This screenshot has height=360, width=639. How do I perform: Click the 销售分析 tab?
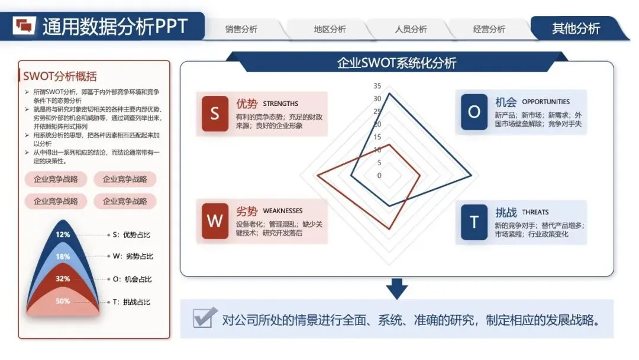tap(241, 29)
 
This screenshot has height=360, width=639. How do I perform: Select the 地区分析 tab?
tap(330, 29)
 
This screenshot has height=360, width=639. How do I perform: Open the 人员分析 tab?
tap(411, 29)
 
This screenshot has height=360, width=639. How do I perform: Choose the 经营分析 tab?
tap(489, 29)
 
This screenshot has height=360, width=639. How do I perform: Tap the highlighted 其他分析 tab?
tap(576, 28)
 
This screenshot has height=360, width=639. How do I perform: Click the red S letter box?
tap(215, 114)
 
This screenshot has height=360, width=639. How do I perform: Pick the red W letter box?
tap(215, 221)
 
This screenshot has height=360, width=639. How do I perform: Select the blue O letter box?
tap(474, 111)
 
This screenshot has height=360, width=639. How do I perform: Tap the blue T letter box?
tap(474, 221)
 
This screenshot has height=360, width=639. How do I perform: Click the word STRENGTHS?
tap(280, 104)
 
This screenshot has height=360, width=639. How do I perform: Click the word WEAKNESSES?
tap(282, 211)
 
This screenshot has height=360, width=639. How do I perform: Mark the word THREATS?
tap(535, 212)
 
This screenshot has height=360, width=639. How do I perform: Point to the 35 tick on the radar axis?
tap(377, 85)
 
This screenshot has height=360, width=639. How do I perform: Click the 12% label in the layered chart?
tap(63, 234)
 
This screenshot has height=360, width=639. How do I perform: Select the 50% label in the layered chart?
tap(63, 301)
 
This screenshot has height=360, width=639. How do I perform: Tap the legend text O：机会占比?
tap(132, 279)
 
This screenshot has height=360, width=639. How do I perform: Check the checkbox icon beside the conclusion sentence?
tap(202, 318)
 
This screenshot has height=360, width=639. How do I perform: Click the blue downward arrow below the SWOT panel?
tap(397, 289)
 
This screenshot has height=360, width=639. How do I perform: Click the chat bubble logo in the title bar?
tap(25, 25)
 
